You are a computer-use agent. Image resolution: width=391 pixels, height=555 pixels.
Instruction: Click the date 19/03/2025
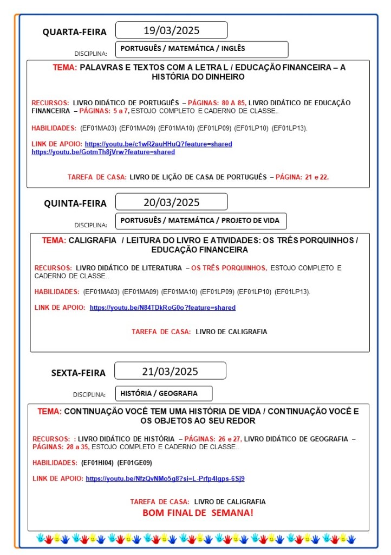(171, 30)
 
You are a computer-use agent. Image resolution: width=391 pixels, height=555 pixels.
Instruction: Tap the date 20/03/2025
(171, 202)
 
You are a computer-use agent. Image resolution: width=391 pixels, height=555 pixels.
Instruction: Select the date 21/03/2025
(170, 372)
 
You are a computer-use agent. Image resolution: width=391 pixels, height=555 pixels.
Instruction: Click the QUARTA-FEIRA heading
(75, 32)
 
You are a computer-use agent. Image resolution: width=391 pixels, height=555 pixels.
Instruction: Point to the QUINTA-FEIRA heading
(75, 203)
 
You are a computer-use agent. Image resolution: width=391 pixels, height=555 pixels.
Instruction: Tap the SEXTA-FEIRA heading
(79, 373)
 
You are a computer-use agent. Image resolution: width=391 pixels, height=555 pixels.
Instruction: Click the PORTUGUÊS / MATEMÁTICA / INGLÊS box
(201, 49)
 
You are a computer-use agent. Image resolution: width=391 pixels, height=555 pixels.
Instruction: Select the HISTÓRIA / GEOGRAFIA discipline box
(164, 393)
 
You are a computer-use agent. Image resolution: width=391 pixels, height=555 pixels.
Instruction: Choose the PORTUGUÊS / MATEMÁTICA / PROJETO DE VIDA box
(200, 221)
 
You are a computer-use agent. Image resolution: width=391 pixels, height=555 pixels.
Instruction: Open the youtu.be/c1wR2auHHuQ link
(158, 144)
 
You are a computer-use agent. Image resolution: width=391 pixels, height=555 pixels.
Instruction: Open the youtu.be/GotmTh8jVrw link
(103, 152)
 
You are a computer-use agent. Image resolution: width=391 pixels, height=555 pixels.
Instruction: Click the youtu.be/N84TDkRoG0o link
(162, 308)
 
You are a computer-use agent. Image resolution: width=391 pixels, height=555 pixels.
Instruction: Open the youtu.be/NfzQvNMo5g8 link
(165, 479)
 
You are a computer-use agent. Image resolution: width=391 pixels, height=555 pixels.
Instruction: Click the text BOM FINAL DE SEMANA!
(198, 513)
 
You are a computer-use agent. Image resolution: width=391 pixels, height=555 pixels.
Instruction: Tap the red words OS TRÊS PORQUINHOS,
(229, 268)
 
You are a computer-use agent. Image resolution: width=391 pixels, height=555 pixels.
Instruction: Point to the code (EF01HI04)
(97, 463)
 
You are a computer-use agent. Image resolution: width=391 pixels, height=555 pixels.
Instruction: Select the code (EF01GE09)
(135, 463)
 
